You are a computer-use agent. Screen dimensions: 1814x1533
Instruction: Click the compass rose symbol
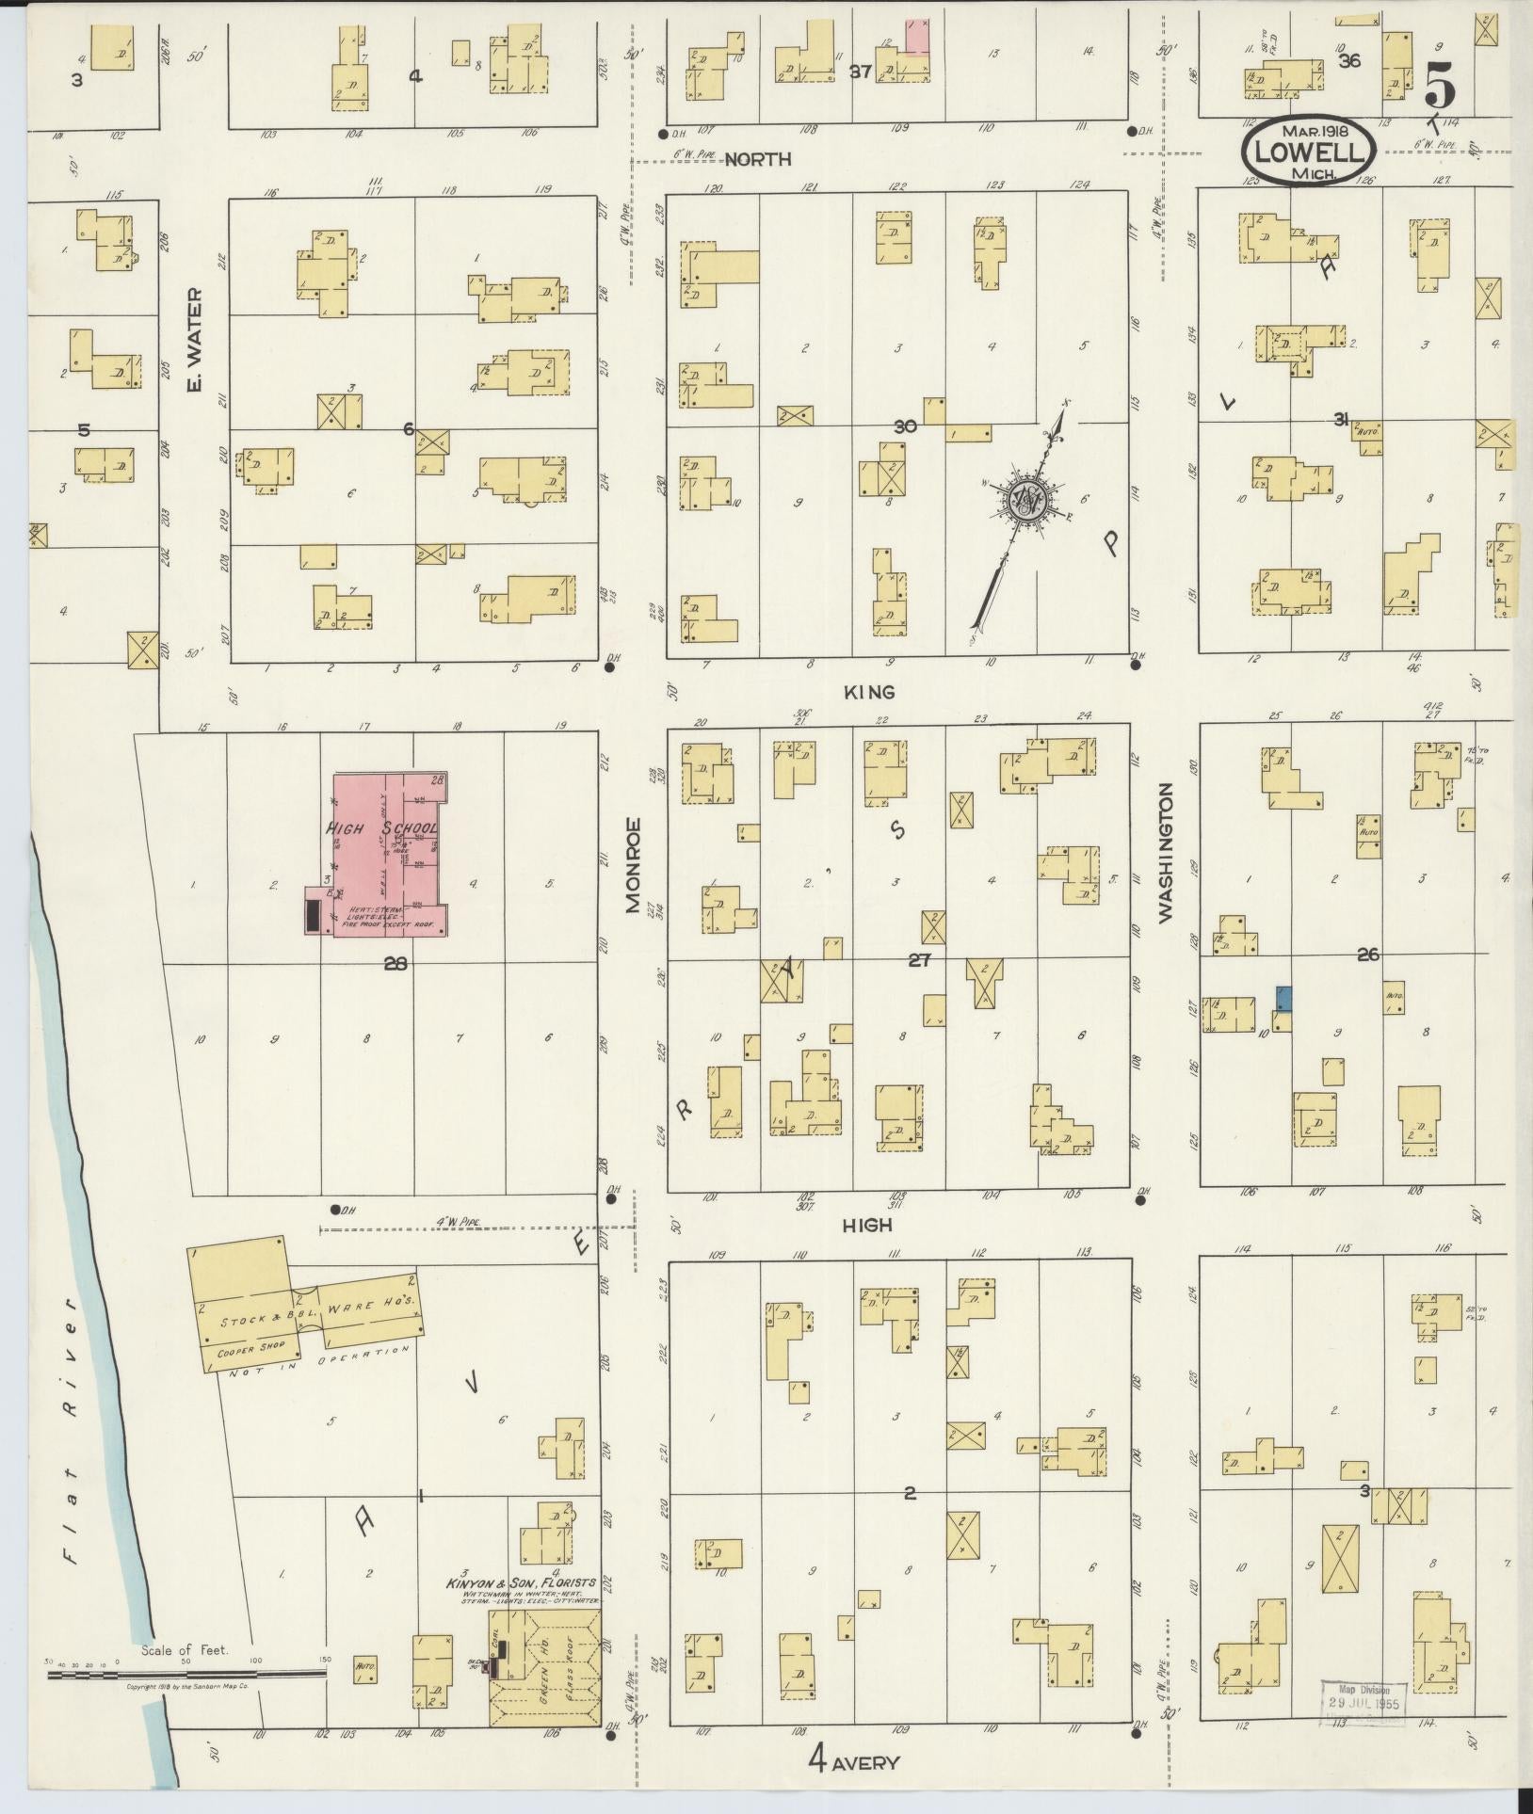1024,498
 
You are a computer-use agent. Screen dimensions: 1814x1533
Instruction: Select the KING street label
868,692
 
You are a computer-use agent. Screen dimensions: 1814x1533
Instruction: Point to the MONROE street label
633,866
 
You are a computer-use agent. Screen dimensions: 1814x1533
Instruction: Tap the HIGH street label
866,1225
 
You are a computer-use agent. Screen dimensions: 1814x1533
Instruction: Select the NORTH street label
758,160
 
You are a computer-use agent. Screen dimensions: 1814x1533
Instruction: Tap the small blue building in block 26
1283,998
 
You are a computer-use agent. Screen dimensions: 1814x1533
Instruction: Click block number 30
905,427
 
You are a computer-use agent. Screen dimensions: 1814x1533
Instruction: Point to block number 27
919,961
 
